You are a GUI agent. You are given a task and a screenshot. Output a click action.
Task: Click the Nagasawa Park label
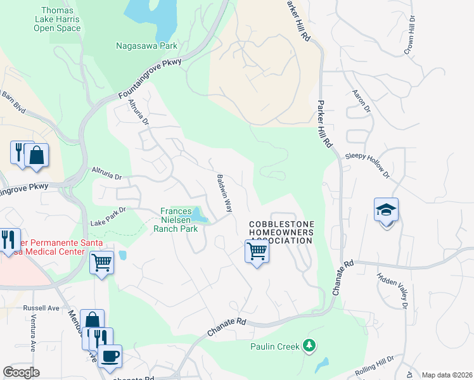pos(146,46)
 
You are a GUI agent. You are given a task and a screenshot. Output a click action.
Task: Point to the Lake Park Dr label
pos(108,216)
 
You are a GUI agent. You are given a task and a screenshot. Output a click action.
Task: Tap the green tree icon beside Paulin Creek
pos(309,346)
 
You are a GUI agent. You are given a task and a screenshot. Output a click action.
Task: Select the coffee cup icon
pos(110,355)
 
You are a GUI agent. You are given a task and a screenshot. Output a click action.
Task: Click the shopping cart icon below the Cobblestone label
pos(257,251)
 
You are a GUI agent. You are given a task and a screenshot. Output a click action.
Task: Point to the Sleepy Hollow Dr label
pos(366,163)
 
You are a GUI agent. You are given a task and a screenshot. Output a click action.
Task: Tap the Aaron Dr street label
pos(361,101)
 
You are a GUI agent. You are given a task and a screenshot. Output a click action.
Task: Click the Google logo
pos(21,372)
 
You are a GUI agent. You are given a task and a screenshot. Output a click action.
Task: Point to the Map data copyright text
pos(447,375)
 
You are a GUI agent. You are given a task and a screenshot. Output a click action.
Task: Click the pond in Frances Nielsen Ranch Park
pos(199,215)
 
